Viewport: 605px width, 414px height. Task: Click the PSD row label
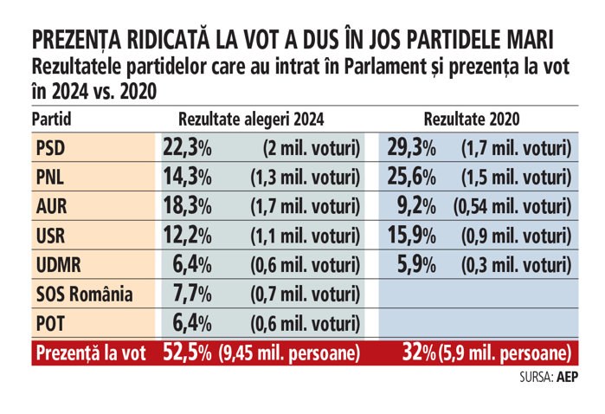point(50,148)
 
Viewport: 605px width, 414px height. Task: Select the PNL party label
point(50,178)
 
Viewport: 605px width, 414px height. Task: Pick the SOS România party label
point(82,294)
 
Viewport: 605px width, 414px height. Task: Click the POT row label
point(50,323)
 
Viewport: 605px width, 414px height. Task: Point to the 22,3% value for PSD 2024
point(187,148)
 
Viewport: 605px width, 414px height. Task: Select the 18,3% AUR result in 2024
point(187,207)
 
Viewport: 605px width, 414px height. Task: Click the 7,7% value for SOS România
point(187,294)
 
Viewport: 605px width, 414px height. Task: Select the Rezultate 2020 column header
point(472,119)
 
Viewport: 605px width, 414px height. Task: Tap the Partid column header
point(52,119)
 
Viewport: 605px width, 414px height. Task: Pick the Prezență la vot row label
point(88,353)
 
